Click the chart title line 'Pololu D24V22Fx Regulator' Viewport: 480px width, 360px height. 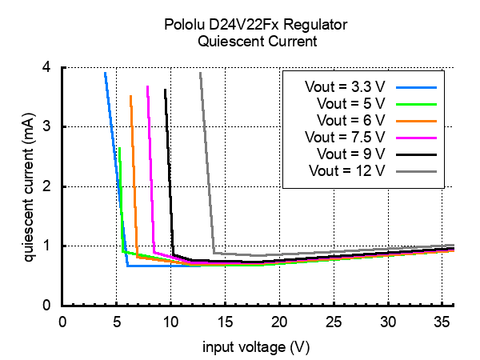coord(240,25)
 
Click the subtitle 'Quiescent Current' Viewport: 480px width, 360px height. coord(240,41)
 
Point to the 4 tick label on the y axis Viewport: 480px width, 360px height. coord(48,68)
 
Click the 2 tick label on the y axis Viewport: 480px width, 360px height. coord(48,186)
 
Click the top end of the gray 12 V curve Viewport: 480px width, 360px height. coord(200,73)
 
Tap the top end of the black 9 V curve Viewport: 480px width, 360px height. coord(165,90)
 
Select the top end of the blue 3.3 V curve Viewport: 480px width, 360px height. coord(105,73)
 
